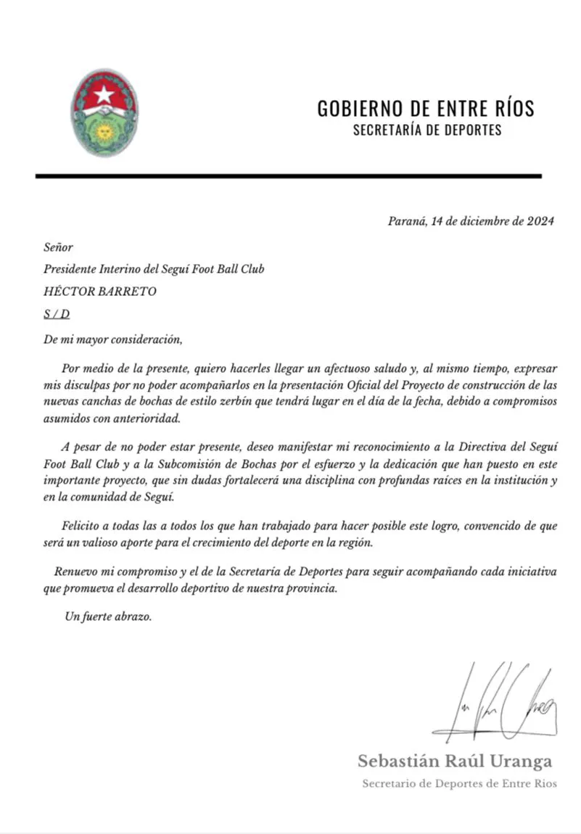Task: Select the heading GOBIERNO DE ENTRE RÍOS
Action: tap(426, 109)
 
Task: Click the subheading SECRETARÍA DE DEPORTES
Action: tap(427, 131)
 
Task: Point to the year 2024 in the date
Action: tap(541, 222)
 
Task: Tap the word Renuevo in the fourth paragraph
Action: tap(76, 571)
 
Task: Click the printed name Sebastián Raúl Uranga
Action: tap(455, 761)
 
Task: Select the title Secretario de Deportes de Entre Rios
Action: tap(459, 784)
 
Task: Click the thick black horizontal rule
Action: tap(288, 176)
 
